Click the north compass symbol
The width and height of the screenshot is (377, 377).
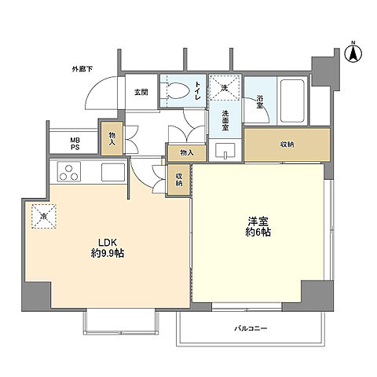point(353,53)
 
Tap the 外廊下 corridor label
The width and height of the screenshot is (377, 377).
point(82,69)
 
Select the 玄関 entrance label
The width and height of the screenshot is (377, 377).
point(141,92)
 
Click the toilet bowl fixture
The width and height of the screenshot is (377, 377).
point(176,91)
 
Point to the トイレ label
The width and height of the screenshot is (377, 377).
point(198,90)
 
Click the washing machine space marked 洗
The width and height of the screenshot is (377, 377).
point(225,88)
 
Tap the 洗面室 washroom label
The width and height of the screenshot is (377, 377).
point(225,121)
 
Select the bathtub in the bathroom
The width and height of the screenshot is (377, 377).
point(292,101)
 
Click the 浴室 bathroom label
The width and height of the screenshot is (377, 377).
point(260,102)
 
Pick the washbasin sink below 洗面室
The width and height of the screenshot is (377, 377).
point(225,151)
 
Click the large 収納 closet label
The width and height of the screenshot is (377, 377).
point(287,145)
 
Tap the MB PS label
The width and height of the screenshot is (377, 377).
point(75,144)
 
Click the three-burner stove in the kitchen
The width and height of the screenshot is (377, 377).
point(69,171)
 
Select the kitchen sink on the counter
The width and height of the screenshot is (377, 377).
point(113,172)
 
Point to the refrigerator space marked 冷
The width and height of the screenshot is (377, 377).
point(44,216)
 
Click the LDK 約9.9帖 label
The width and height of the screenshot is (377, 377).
point(108,248)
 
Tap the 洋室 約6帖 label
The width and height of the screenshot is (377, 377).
point(258,227)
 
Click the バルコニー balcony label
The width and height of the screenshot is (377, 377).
point(251,328)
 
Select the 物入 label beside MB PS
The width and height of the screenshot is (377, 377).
point(112,139)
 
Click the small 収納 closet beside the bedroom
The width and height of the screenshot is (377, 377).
point(179,180)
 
